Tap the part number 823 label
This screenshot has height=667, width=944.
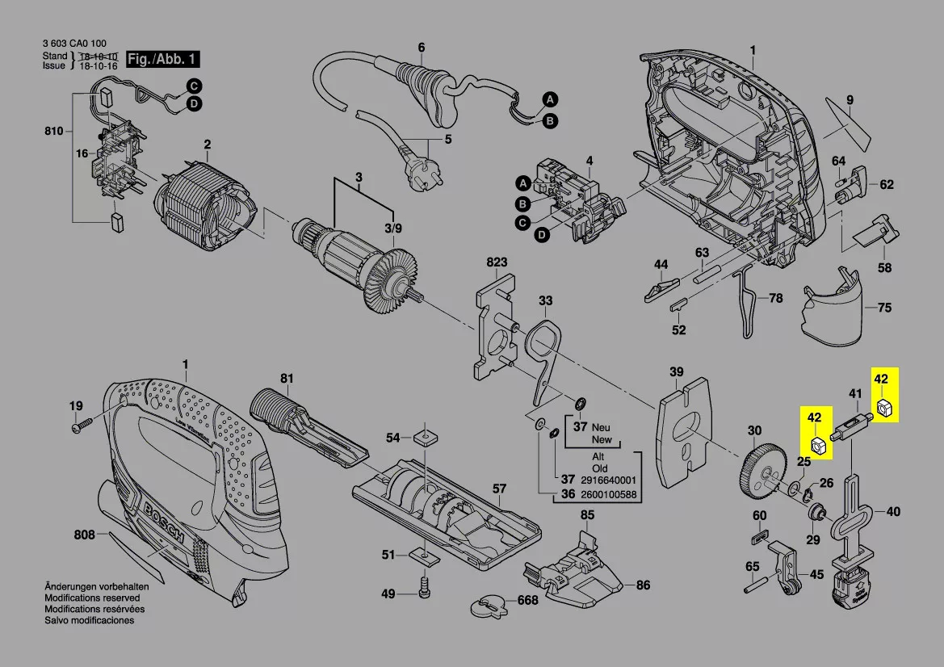(x=497, y=262)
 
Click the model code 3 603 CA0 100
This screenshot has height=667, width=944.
(x=73, y=44)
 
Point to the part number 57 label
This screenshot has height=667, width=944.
(x=500, y=489)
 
